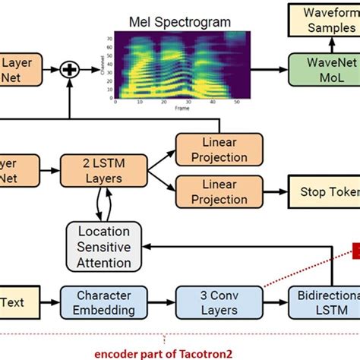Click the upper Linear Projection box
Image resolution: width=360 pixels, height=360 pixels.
click(219, 150)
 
